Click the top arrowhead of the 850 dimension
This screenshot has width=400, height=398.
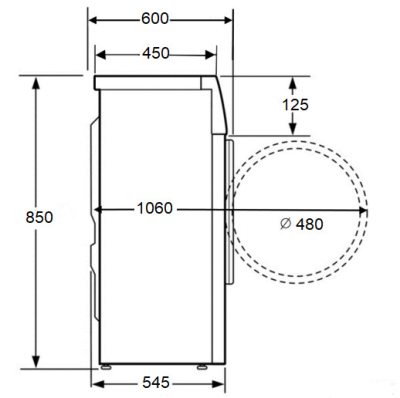pos(38,83)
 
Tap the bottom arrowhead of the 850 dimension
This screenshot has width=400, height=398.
pos(38,361)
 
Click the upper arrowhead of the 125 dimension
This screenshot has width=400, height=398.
pos(293,82)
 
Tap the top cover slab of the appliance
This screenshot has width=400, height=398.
pos(155,80)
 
